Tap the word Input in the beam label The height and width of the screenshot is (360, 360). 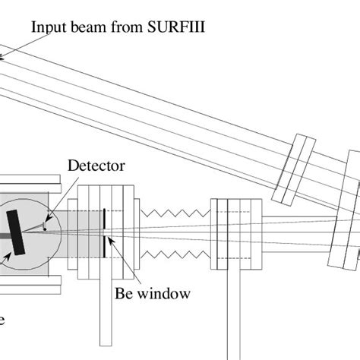[46, 27]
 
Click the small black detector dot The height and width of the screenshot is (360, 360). [45, 226]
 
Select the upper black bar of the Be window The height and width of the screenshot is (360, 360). [103, 219]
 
